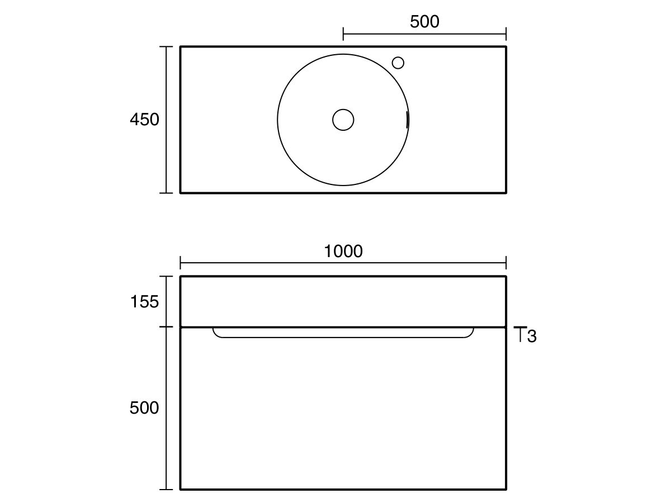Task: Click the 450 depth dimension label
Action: [144, 120]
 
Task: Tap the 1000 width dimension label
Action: [343, 251]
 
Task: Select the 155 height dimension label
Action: [144, 302]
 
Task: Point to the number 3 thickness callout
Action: [532, 336]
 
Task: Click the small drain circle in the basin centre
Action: [343, 120]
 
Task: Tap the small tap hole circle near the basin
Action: [398, 63]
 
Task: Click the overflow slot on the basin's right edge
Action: [407, 119]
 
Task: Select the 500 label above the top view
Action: [424, 22]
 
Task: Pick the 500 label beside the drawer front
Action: [144, 408]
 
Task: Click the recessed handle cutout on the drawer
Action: [343, 334]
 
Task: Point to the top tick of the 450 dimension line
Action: [166, 47]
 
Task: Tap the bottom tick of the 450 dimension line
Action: [166, 193]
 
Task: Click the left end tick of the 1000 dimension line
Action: [180, 263]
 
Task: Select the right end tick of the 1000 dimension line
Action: [506, 263]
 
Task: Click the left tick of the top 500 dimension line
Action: [343, 34]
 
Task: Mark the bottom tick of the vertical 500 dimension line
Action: [166, 490]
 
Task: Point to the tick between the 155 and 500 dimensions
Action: [166, 327]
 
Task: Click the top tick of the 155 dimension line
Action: [166, 276]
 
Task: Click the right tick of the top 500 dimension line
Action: [506, 34]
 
